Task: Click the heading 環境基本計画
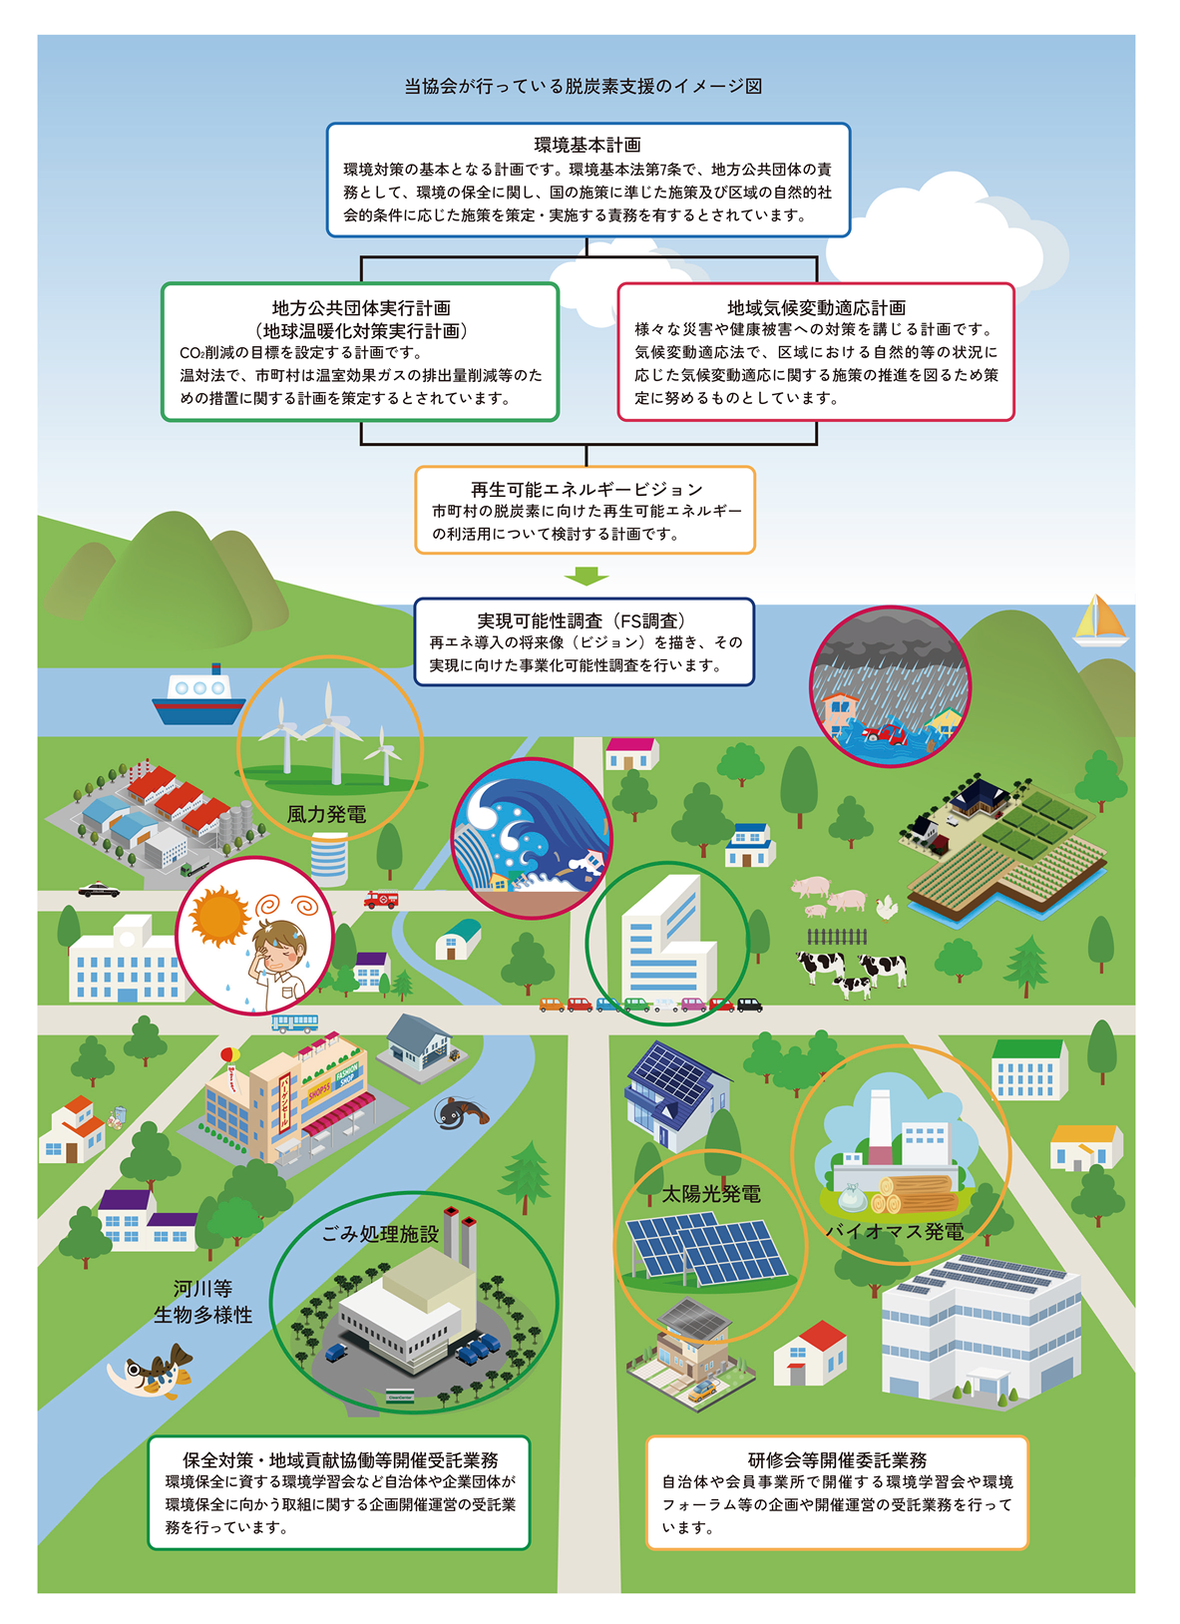point(588,145)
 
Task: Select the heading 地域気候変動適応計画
point(816,307)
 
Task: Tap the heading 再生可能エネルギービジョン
point(587,490)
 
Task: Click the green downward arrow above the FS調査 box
point(587,577)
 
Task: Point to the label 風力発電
point(326,814)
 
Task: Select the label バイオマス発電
point(895,1231)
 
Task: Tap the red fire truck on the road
point(381,899)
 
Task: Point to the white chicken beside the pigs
point(887,907)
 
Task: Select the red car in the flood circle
point(885,735)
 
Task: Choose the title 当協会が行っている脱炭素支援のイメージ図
point(583,86)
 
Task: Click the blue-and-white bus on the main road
point(295,1022)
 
